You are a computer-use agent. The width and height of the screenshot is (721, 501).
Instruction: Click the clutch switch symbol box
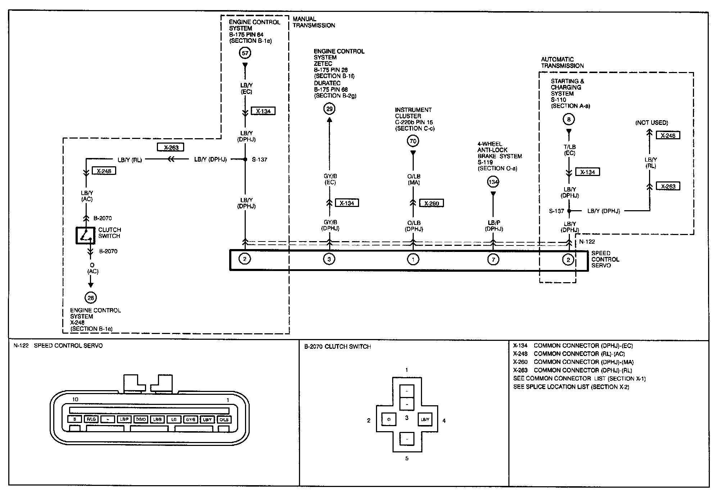85,235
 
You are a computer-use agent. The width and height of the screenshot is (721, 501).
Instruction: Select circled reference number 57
245,53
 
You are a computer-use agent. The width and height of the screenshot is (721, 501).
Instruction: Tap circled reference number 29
329,109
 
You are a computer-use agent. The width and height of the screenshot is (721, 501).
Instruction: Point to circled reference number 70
413,141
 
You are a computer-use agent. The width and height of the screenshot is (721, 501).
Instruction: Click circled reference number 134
493,182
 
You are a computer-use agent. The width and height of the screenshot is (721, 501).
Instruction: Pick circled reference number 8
569,119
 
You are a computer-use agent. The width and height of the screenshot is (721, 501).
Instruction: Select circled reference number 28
91,298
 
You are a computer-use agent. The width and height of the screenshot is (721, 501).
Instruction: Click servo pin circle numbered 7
493,259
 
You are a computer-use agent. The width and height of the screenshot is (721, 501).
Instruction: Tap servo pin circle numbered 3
329,259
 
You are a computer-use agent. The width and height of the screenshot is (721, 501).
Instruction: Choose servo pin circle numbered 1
413,259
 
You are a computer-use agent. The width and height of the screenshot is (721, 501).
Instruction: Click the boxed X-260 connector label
432,203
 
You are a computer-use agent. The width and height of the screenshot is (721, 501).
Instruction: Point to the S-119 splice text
485,162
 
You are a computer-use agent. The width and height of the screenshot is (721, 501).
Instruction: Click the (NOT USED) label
652,123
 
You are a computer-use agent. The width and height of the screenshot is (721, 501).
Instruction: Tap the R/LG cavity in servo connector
91,419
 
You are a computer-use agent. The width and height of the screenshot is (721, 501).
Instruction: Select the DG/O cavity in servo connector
141,419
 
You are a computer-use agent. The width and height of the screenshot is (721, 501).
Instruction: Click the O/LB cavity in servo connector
224,419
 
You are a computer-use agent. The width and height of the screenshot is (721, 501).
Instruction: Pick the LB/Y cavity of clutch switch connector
425,419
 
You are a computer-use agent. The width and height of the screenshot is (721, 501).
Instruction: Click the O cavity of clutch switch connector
389,419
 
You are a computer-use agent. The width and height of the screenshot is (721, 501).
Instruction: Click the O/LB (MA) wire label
414,179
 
